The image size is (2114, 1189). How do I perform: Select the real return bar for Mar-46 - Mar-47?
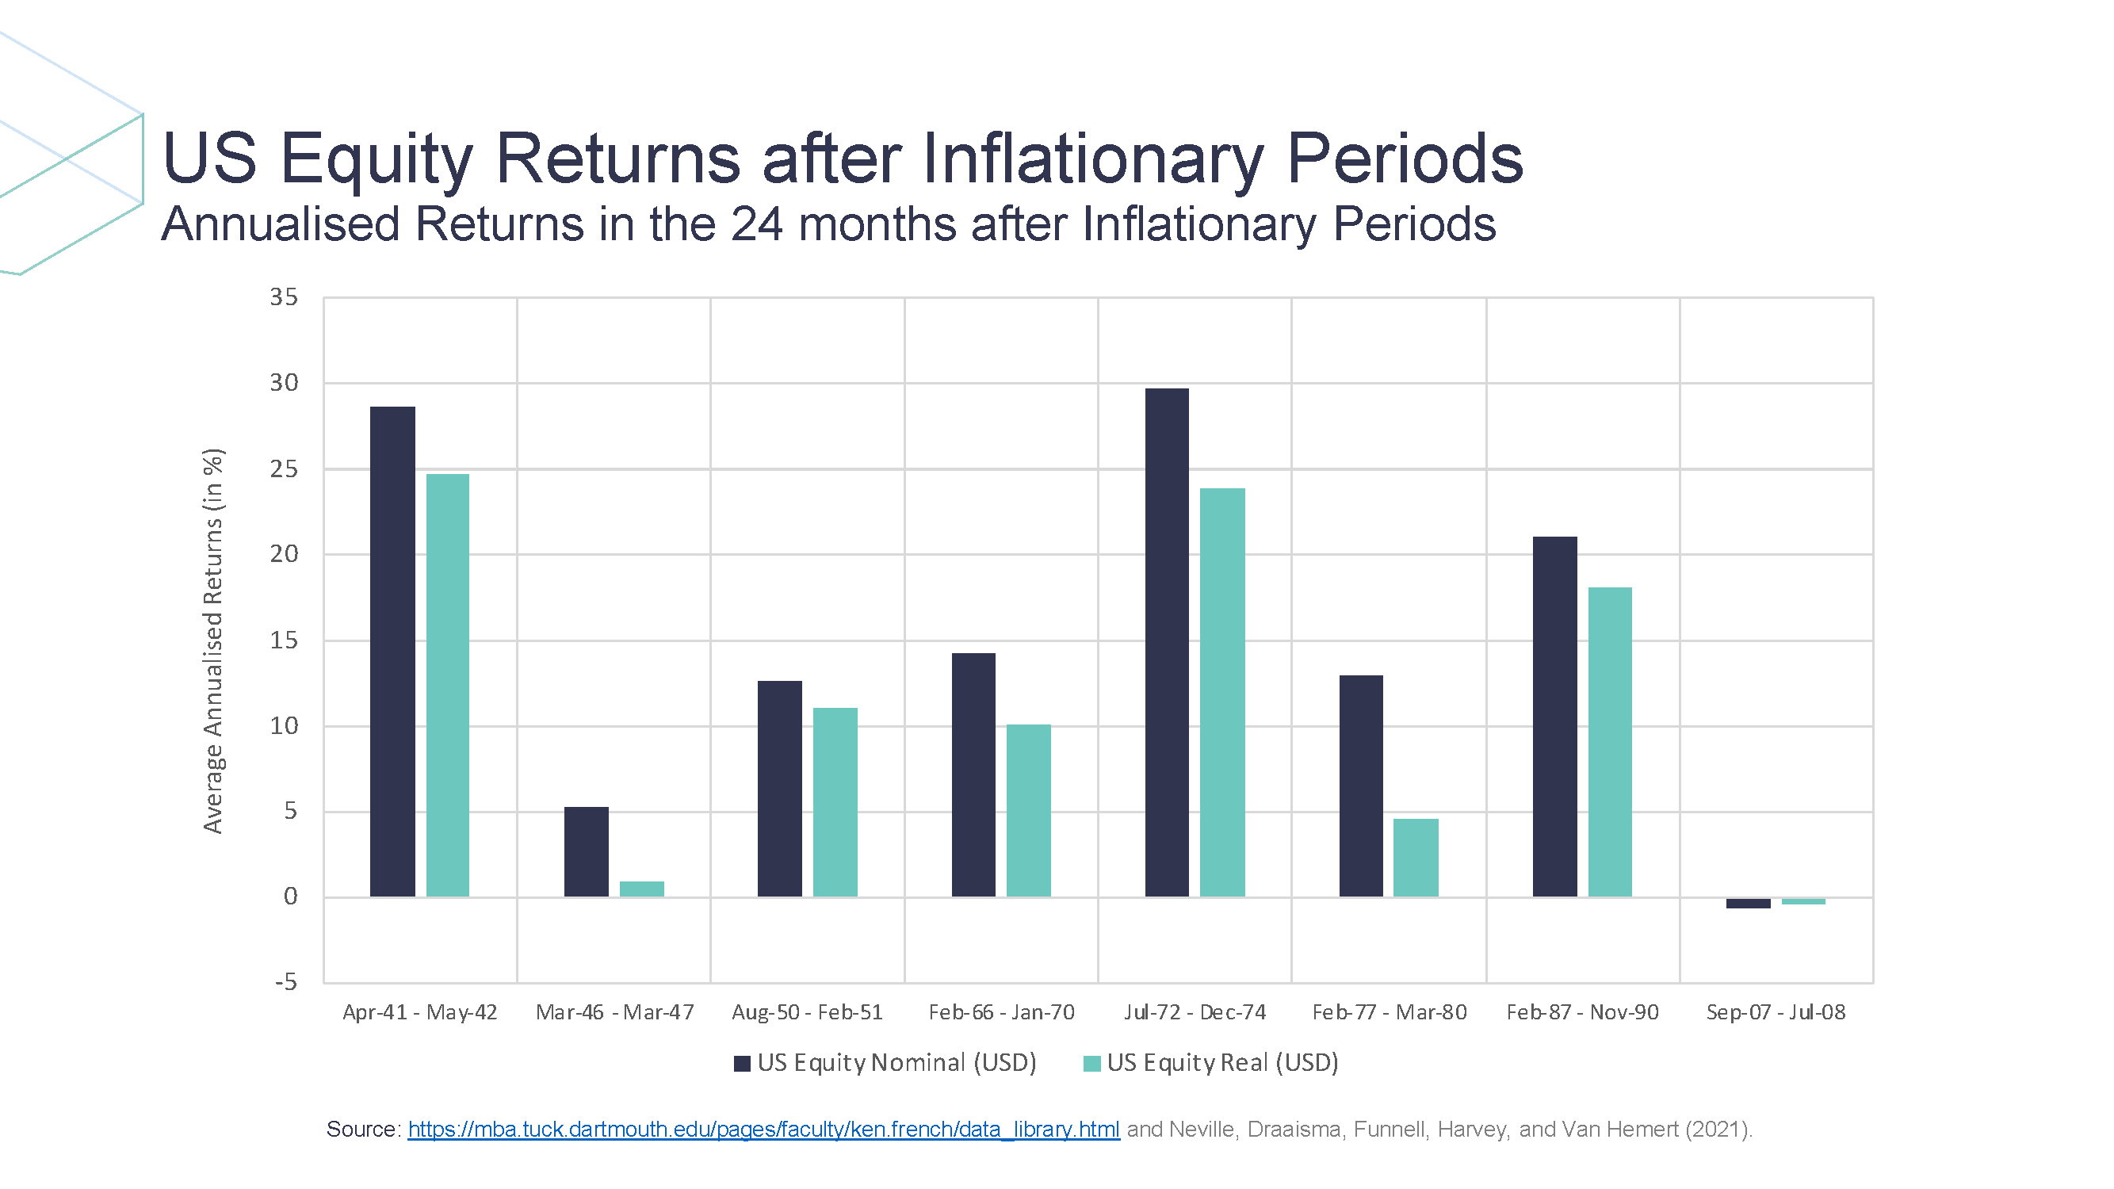click(x=641, y=889)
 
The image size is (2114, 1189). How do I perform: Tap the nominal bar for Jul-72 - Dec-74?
click(x=1166, y=642)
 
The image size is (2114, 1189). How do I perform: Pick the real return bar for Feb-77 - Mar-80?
click(x=1416, y=858)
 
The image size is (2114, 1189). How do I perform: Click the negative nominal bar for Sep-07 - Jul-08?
click(x=1748, y=903)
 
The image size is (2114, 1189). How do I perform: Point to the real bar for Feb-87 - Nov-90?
click(x=1609, y=742)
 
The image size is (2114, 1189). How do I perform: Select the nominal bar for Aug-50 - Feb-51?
click(x=780, y=789)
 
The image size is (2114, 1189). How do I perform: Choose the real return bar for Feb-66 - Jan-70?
click(x=1028, y=811)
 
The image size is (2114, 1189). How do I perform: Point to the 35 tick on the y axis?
click(x=284, y=297)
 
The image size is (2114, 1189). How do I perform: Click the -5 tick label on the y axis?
click(x=285, y=982)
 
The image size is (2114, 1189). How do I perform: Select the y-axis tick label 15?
click(x=284, y=640)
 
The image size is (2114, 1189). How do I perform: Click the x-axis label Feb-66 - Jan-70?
click(x=1001, y=1012)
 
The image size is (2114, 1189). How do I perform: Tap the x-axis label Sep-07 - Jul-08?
click(x=1776, y=1012)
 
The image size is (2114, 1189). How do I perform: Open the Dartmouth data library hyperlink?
click(x=763, y=1130)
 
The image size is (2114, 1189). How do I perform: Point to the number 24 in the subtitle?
click(x=756, y=224)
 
